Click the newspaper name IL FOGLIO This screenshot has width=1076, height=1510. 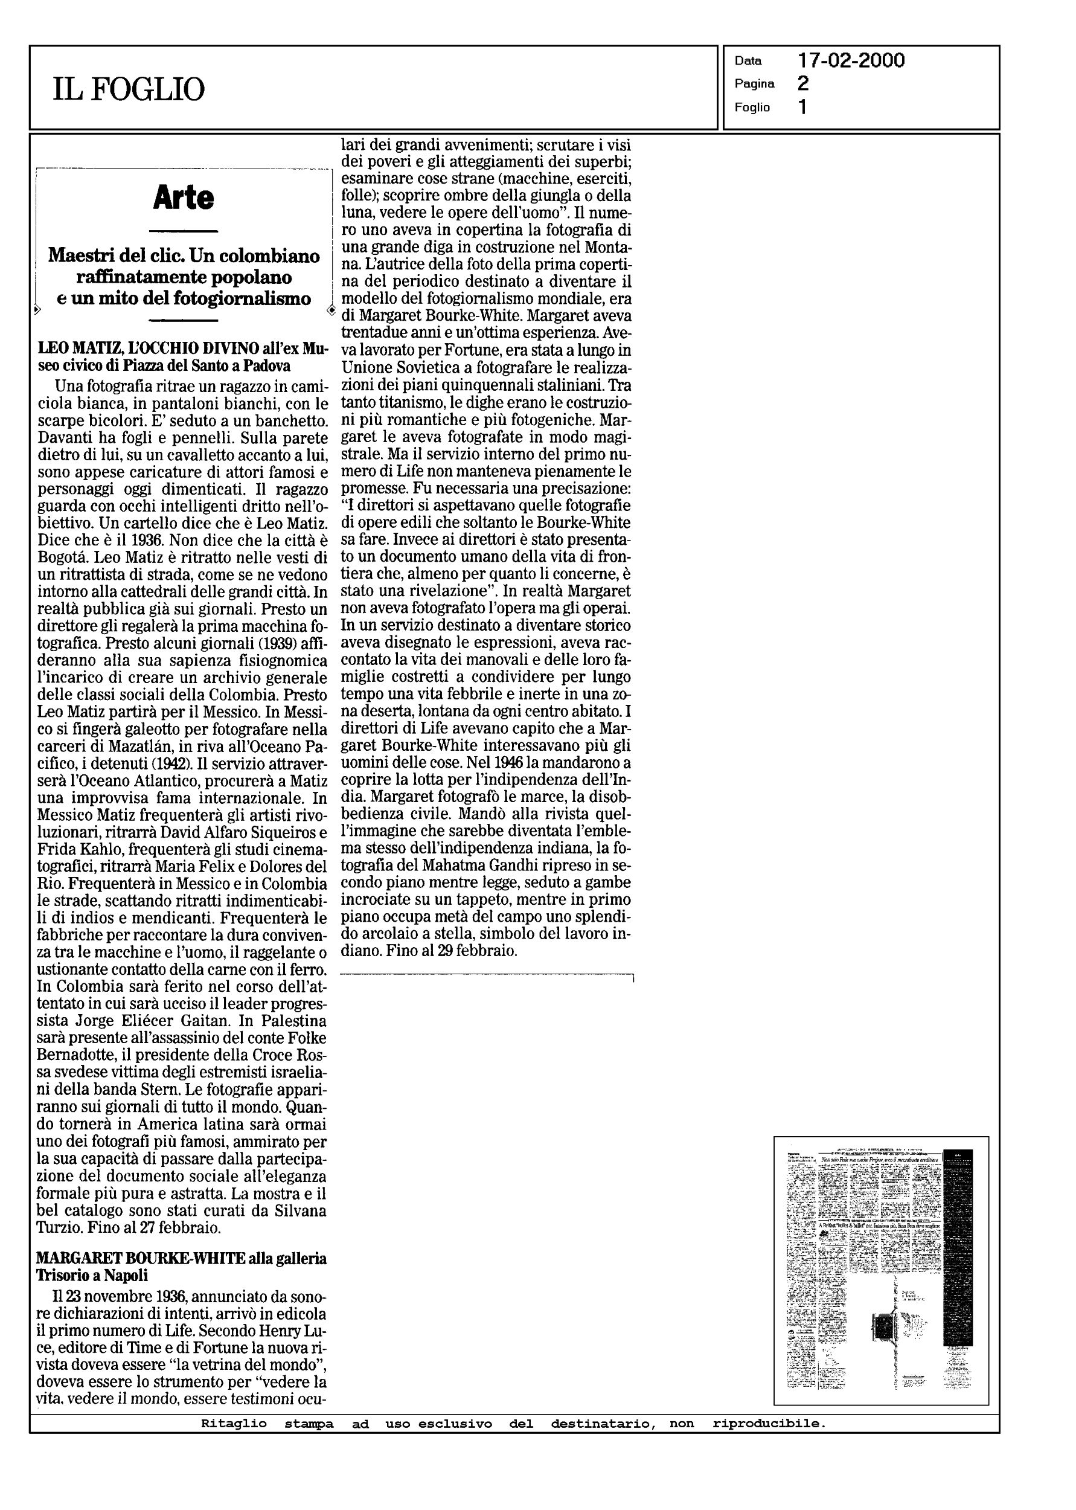point(129,89)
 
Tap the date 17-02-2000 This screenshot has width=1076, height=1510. point(851,61)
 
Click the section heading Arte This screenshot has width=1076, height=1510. point(184,198)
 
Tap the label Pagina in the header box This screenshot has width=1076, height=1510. point(754,84)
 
